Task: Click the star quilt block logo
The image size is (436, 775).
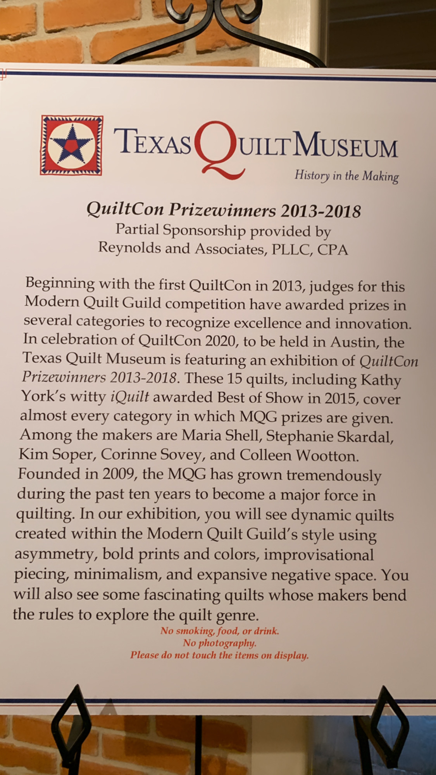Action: click(x=72, y=145)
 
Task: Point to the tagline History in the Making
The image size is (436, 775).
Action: click(x=346, y=176)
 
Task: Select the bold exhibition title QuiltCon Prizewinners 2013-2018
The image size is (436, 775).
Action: click(x=224, y=211)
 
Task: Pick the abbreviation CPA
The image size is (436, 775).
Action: click(x=333, y=250)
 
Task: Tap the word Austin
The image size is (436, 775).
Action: click(x=354, y=342)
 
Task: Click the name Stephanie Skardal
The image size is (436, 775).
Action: click(x=329, y=437)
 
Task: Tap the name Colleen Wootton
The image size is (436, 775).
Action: click(x=299, y=456)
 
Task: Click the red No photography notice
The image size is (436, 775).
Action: click(x=220, y=644)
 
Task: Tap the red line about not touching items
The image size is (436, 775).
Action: click(x=219, y=656)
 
